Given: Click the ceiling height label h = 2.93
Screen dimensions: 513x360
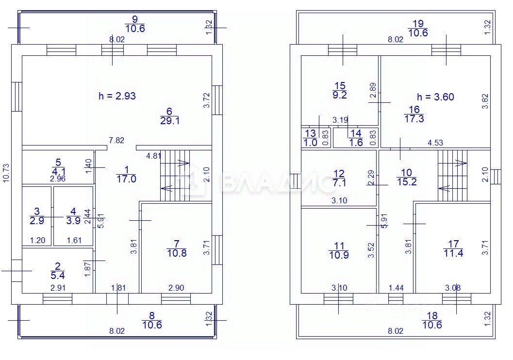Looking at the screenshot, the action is pyautogui.click(x=117, y=96).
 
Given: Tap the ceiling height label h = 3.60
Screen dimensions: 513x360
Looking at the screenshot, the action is pyautogui.click(x=435, y=97).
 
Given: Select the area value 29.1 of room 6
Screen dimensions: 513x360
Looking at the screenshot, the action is pyautogui.click(x=170, y=121).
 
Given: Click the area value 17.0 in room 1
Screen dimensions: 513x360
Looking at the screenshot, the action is pyautogui.click(x=126, y=179).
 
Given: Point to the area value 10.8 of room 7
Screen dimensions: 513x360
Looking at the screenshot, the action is pyautogui.click(x=176, y=253).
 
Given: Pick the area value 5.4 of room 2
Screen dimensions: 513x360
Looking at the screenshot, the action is pyautogui.click(x=58, y=275).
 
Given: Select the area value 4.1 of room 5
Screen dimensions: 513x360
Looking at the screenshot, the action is pyautogui.click(x=57, y=171).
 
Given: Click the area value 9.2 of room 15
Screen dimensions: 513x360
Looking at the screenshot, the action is pyautogui.click(x=340, y=95).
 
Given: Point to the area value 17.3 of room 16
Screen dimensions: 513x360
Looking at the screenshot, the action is pyautogui.click(x=414, y=118).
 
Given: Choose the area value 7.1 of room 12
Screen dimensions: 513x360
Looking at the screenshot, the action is pyautogui.click(x=339, y=182).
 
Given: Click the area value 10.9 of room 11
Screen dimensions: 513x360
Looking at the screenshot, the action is pyautogui.click(x=339, y=255).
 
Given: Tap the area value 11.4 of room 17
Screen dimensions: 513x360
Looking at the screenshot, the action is pyautogui.click(x=453, y=253).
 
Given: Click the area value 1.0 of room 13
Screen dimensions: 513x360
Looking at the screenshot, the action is pyautogui.click(x=310, y=142).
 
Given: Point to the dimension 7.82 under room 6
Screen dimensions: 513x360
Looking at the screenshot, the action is pyautogui.click(x=116, y=141).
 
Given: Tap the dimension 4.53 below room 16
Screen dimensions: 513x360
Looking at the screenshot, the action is pyautogui.click(x=435, y=143).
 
